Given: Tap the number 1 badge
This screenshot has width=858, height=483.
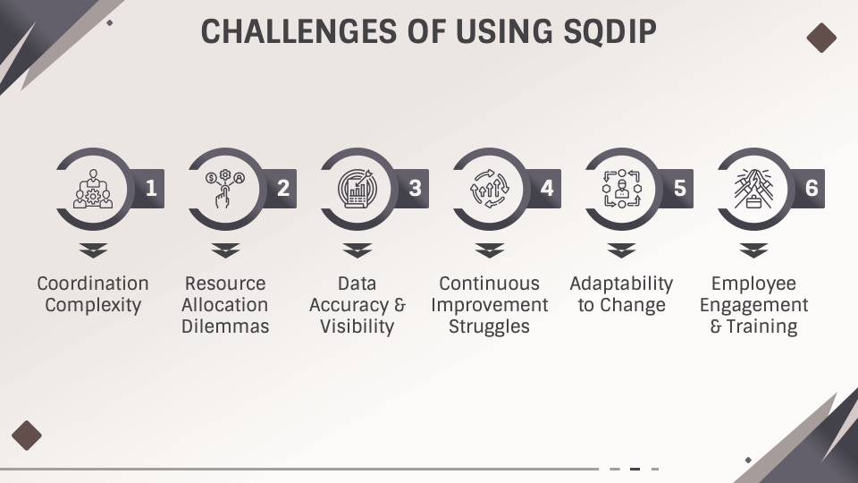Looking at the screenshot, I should click(x=150, y=188).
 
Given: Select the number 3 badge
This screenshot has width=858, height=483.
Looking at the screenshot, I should click(x=415, y=188).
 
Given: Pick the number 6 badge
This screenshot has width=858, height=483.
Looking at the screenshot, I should click(x=812, y=188).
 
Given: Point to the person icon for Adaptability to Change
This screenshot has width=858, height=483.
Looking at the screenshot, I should click(x=621, y=189).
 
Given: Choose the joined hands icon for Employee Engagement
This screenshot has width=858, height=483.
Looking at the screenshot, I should click(x=753, y=189).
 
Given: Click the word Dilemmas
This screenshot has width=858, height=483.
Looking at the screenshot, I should click(x=225, y=326).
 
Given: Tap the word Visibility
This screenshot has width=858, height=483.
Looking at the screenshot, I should click(x=357, y=326).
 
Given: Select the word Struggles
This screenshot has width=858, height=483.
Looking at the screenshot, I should click(x=490, y=326).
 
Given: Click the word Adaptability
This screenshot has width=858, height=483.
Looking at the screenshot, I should click(x=621, y=284).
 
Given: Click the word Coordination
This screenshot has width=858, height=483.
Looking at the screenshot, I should click(x=93, y=284).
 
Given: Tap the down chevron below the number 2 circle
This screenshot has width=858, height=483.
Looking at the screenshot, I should click(x=225, y=250).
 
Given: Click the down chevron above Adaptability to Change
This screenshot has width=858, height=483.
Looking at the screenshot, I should click(x=621, y=250).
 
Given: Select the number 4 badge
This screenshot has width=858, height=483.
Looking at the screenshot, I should click(x=547, y=188).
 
